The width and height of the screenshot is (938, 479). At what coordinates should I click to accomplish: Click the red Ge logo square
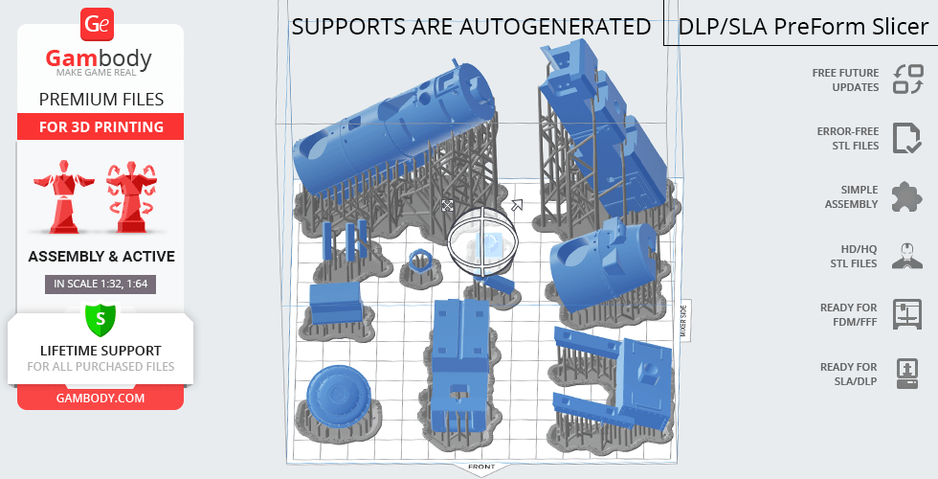(97, 24)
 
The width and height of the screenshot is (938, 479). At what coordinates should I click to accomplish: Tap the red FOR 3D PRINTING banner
(100, 126)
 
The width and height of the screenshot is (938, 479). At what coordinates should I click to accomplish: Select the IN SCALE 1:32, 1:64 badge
(100, 284)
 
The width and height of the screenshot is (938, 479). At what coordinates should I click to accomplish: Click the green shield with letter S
(100, 319)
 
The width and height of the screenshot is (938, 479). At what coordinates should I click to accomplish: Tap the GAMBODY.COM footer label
(100, 399)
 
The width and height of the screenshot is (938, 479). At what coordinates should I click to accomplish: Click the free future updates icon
(908, 80)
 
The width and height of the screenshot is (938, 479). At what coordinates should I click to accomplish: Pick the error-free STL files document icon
(907, 138)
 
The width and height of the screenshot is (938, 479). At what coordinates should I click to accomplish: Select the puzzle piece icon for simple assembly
(907, 197)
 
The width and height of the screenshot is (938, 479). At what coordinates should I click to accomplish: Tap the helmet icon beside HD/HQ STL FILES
(907, 256)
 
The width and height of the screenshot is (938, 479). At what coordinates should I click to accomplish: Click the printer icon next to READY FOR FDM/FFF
(907, 314)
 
